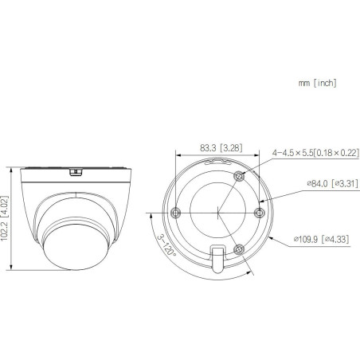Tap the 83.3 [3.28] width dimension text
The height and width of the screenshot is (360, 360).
point(209,147)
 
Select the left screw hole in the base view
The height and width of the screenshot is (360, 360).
point(177,212)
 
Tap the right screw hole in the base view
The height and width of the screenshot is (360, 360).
point(256,211)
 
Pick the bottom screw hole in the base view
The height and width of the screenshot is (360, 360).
point(238,248)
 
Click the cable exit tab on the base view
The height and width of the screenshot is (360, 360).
point(217,260)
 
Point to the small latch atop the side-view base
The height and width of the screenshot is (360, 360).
point(75,170)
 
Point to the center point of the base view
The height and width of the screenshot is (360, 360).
point(217,213)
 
